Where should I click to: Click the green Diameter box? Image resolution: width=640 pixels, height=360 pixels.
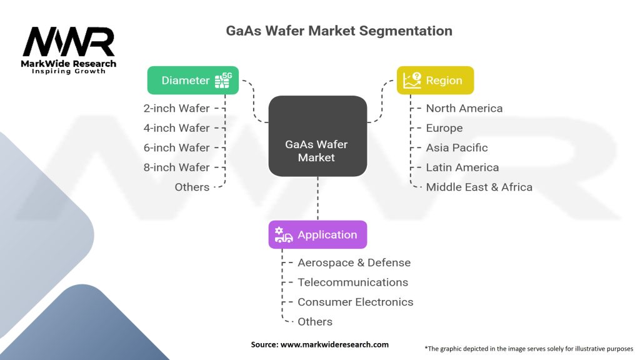click(192, 81)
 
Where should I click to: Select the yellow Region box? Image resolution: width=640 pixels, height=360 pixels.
click(435, 81)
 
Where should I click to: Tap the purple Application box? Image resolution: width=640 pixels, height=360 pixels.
click(317, 235)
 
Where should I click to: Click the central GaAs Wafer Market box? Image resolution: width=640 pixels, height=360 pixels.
click(317, 136)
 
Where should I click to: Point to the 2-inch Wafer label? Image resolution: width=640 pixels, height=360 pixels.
click(176, 108)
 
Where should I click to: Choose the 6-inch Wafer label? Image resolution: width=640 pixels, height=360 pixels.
click(176, 147)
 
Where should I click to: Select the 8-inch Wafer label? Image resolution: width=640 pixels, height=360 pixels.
click(176, 167)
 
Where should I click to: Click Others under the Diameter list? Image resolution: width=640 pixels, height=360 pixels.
click(192, 187)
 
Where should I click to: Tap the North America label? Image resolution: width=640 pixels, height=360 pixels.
click(464, 108)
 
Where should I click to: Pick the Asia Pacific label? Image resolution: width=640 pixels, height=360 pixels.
click(457, 147)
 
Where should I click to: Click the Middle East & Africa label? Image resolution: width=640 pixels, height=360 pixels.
click(479, 187)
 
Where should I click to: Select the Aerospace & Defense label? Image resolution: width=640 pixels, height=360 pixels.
click(354, 262)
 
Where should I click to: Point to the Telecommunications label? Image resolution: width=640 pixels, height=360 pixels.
click(352, 282)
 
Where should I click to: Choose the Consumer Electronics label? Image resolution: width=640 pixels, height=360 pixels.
click(356, 302)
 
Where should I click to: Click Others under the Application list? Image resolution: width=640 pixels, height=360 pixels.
click(315, 322)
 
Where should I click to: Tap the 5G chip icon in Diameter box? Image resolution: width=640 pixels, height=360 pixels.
click(223, 81)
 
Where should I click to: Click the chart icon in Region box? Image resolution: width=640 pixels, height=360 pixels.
click(412, 81)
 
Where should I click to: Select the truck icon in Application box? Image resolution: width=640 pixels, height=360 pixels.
click(283, 235)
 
